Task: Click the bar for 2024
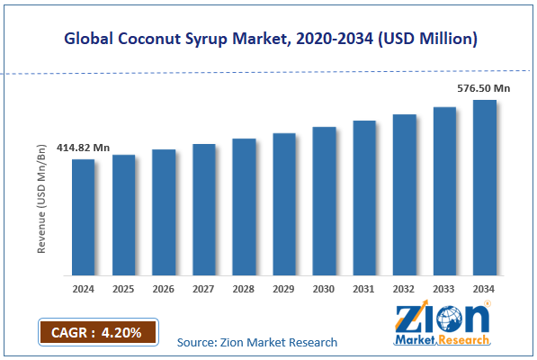click(x=84, y=217)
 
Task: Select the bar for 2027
click(x=204, y=210)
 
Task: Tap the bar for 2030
click(x=324, y=201)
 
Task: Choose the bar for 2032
click(x=405, y=194)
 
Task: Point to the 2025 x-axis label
click(x=123, y=289)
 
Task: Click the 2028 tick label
click(x=244, y=289)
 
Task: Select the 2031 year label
click(x=364, y=289)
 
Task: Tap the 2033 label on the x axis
click(x=444, y=289)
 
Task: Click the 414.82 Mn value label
click(x=83, y=147)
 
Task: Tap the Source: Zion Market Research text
click(x=257, y=342)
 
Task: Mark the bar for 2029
click(x=284, y=204)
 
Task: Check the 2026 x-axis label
click(x=164, y=289)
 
